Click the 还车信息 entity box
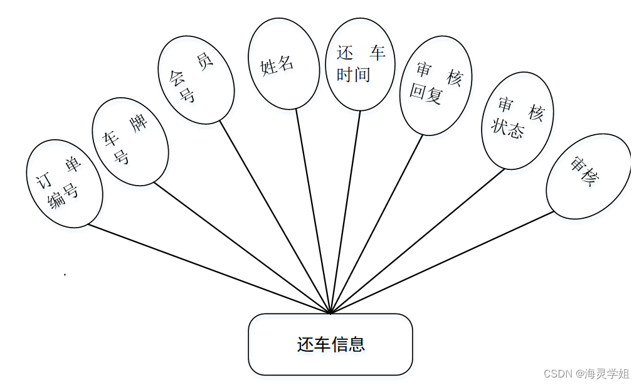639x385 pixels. pos(330,344)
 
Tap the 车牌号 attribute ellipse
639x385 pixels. pos(130,141)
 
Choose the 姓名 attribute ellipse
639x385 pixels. pos(283,63)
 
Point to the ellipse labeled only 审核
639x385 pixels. pos(588,176)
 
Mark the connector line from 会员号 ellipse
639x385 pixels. pos(275,216)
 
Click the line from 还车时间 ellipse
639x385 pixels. pos(346,211)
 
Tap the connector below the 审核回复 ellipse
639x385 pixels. pos(376,223)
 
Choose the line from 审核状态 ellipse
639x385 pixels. pos(417,240)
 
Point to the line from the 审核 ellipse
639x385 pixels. pos(442,261)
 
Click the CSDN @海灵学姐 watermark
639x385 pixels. pos(586,374)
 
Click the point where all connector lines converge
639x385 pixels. pos(330,312)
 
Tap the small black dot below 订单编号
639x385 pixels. pos(65,274)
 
